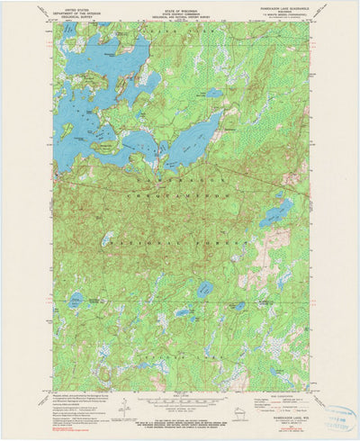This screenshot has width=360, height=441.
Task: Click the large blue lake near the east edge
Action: (x=274, y=214)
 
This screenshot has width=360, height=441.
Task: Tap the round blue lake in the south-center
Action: (x=205, y=290)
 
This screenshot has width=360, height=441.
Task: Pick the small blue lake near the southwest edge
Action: (x=76, y=301)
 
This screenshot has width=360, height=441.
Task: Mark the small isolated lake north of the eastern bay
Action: (x=213, y=93)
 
